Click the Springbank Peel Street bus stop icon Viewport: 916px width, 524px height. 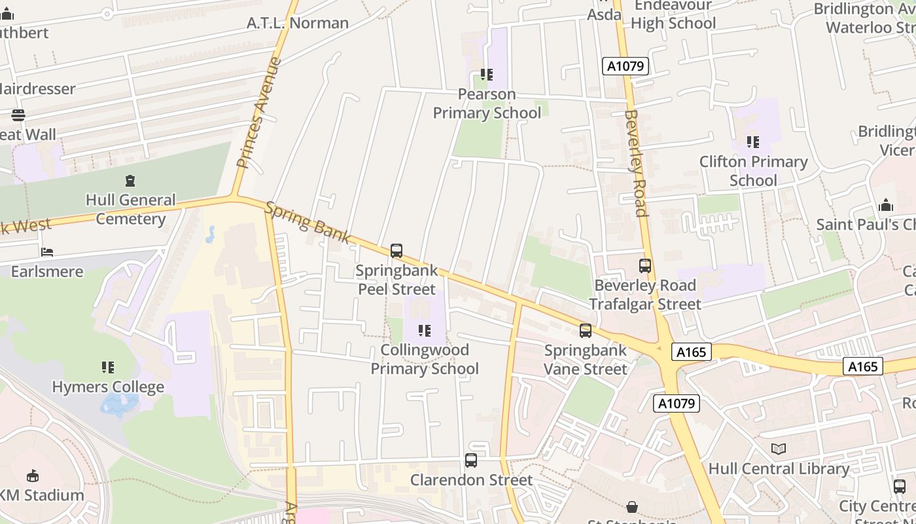coord(396,250)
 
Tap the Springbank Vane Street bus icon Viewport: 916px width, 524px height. coord(586,331)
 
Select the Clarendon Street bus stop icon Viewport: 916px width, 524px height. coord(470,460)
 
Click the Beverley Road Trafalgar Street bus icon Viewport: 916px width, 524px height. coord(645,266)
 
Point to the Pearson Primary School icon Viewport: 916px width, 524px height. coord(486,75)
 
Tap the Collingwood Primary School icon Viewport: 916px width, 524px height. coord(425,331)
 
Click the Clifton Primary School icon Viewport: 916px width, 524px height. coord(753,141)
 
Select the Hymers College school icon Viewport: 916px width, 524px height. coord(108,367)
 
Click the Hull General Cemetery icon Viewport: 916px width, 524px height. coord(130,180)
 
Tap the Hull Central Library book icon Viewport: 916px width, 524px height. coord(778,449)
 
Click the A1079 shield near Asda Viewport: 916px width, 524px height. coord(625,66)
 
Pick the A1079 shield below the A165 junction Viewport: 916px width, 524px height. coord(676,403)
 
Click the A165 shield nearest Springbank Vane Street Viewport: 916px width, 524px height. coord(691,352)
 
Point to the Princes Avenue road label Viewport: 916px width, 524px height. coord(258,113)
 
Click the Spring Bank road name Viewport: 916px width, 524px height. coord(308,223)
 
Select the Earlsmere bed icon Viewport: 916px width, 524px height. coord(47,252)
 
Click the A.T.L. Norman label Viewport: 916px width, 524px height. coord(298,23)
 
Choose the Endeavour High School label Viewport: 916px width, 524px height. coord(673,14)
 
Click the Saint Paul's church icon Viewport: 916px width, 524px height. coord(886,205)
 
